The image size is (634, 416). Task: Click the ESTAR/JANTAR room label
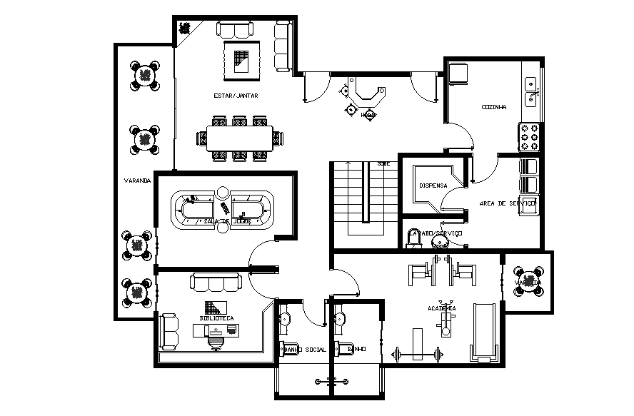click(236, 95)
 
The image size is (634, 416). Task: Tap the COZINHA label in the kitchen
click(494, 107)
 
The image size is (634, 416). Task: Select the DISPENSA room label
click(433, 186)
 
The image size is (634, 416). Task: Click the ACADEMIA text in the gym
click(442, 308)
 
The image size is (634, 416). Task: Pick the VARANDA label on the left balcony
click(136, 181)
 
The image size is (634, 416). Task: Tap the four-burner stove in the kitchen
click(530, 136)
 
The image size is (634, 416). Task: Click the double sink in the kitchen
click(531, 91)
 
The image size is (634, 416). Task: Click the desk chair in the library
click(215, 341)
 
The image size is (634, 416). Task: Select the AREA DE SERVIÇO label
click(508, 203)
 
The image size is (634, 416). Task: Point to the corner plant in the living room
click(185, 29)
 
